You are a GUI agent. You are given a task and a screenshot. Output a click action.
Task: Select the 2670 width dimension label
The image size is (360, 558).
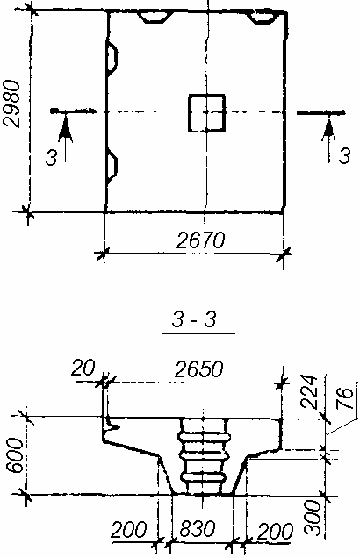coord(201,240)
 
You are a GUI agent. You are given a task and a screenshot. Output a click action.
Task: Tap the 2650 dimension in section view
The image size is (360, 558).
coord(199,369)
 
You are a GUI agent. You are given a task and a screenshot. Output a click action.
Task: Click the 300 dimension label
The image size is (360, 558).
coord(313,517)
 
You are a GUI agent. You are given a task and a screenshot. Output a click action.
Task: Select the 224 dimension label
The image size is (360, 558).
coord(308,391)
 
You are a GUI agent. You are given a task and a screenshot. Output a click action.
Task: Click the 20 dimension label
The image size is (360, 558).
coord(83,368)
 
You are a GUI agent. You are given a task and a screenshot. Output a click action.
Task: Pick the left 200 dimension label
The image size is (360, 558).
coord(128,530)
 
